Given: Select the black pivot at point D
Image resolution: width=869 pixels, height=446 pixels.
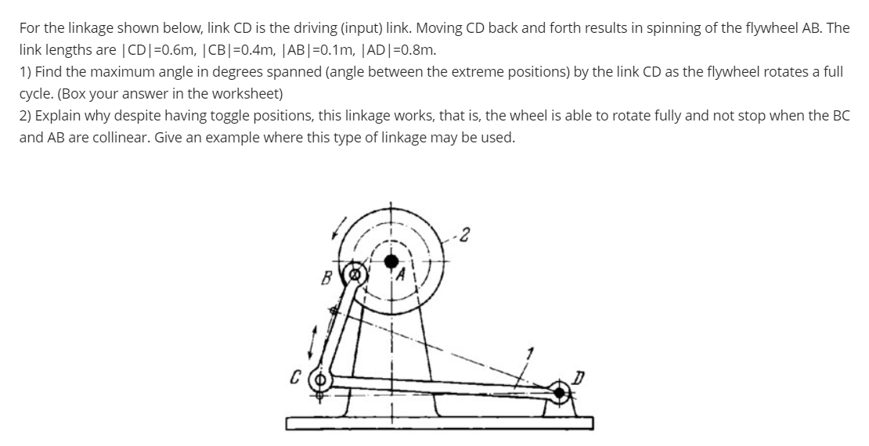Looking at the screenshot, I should click(561, 390).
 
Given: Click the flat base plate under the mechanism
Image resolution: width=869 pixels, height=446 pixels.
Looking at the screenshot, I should click(438, 423).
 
